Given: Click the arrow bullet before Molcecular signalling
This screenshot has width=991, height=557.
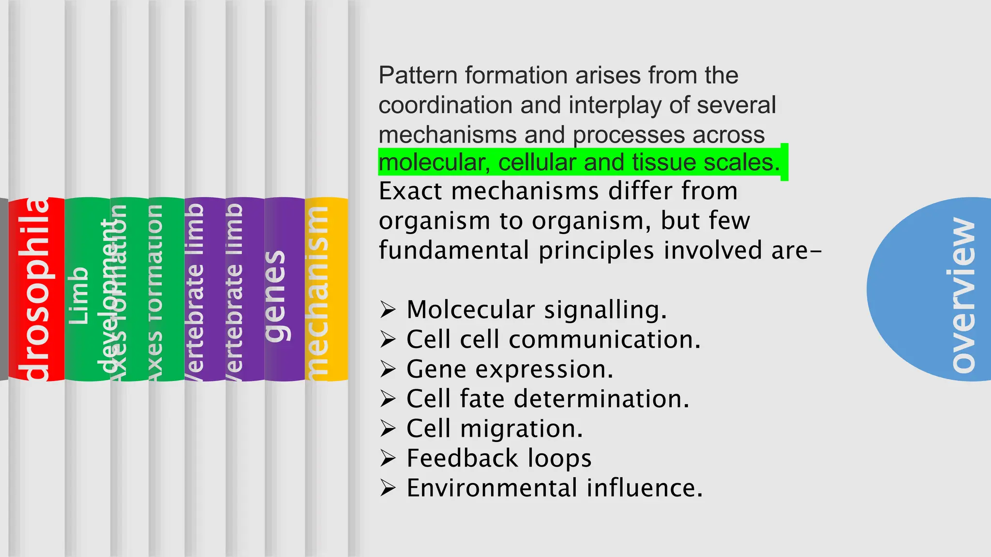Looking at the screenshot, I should pos(388,309).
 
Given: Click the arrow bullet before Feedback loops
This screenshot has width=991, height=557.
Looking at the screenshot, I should pos(388,458).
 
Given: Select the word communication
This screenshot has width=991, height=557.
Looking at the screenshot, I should pos(604,339).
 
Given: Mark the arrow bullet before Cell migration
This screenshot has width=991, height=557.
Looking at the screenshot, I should pos(388,428).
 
